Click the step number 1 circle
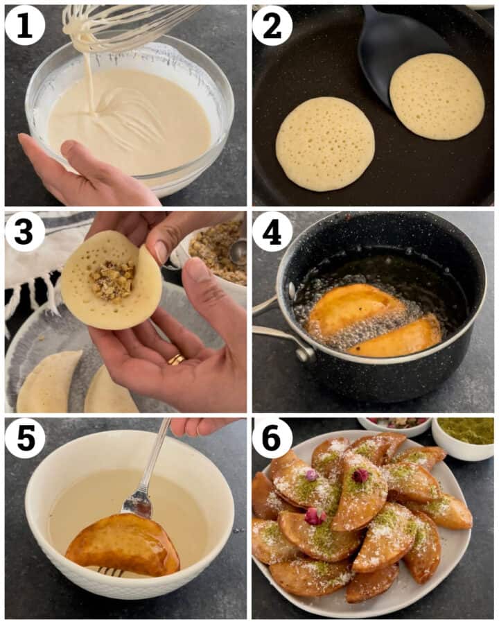click(25, 26)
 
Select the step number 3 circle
click(25, 232)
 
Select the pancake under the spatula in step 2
click(437, 96)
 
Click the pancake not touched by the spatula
click(325, 143)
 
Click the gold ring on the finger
click(176, 359)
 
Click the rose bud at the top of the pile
click(360, 475)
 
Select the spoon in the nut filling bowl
click(237, 251)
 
